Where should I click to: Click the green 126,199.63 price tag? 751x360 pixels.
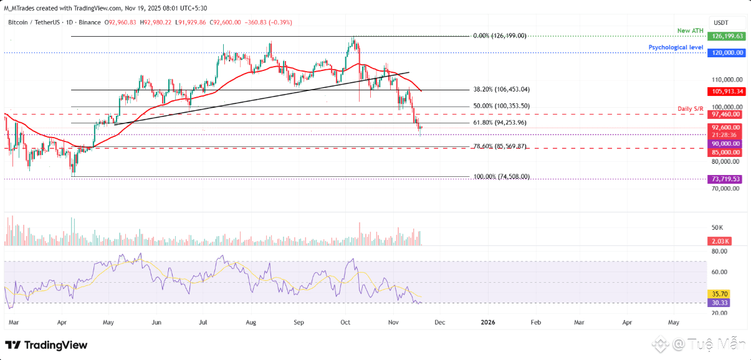(727, 36)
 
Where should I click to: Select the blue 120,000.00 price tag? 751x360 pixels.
(727, 53)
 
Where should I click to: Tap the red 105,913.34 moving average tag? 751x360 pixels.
(727, 92)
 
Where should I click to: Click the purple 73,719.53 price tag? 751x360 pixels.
(727, 179)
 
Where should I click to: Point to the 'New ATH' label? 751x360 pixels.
(691, 31)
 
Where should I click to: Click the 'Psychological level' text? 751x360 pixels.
(676, 47)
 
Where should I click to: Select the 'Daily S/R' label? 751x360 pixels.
(691, 109)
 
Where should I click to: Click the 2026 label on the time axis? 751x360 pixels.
(488, 322)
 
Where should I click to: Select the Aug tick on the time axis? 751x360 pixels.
(251, 322)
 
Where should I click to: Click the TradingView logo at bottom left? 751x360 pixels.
(46, 345)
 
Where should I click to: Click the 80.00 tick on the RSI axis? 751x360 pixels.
(720, 251)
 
